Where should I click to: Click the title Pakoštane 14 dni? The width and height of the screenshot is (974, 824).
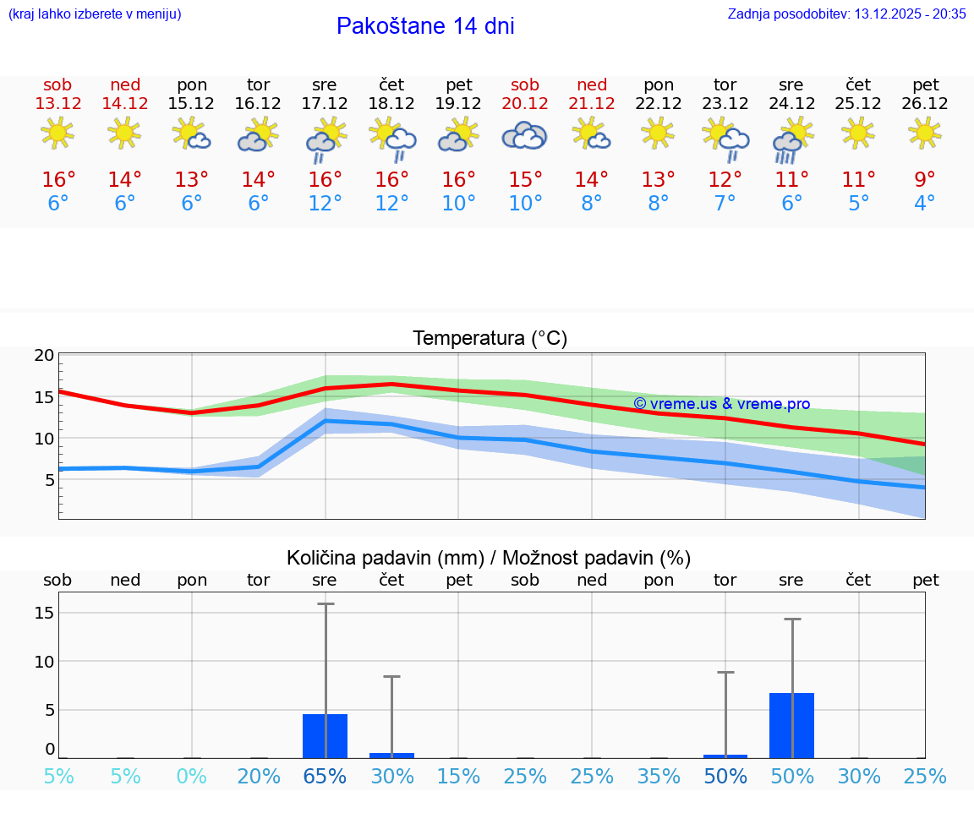[425, 26]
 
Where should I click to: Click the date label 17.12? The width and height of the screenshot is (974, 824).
[325, 104]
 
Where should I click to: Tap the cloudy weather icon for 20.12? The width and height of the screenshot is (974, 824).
[524, 135]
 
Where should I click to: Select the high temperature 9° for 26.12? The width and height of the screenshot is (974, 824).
[925, 180]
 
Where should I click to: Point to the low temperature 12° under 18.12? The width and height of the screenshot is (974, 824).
[391, 204]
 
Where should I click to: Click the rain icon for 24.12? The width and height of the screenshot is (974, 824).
[792, 139]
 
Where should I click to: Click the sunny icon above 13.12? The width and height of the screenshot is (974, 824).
[57, 134]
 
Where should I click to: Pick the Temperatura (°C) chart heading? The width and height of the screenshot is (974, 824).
[490, 339]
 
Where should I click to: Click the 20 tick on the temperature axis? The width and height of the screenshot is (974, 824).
[44, 356]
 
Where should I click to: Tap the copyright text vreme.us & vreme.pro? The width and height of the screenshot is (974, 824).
[721, 404]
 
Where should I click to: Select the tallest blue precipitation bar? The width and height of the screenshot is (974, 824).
[791, 725]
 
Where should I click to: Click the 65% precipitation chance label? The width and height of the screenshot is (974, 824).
[325, 777]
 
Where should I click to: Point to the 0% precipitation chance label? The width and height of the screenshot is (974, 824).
[192, 777]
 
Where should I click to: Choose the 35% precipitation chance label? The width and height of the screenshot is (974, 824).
[659, 777]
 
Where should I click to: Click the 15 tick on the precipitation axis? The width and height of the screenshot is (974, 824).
[44, 613]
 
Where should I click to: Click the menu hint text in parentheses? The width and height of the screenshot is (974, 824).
[95, 14]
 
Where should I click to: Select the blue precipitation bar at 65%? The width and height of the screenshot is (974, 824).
[325, 735]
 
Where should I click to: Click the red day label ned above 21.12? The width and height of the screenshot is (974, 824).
[592, 85]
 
